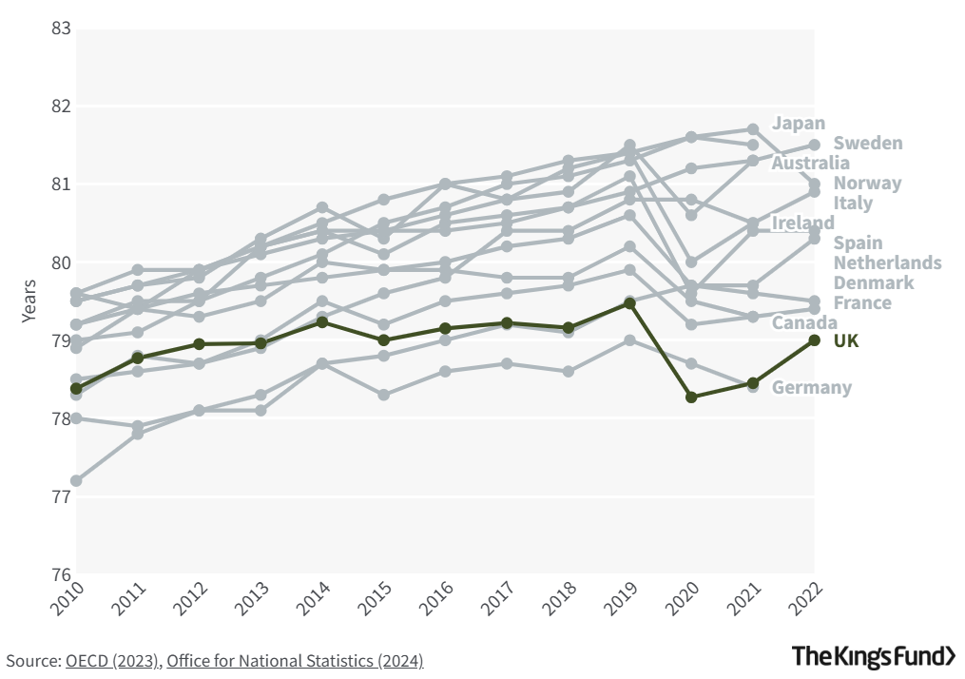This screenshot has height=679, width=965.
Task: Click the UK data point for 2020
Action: [691, 398]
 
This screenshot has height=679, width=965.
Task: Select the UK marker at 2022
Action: [815, 340]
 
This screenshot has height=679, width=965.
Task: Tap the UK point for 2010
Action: [76, 388]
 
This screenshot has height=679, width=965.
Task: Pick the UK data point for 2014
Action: [322, 322]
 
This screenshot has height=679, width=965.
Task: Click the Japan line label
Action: [799, 123]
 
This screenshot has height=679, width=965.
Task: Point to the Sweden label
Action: [868, 143]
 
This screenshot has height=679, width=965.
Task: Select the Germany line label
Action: [811, 387]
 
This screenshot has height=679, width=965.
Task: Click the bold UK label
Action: [846, 340]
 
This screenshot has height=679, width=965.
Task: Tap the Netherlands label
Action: [887, 262]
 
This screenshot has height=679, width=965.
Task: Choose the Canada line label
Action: [804, 322]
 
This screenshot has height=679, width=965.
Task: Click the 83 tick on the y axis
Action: [62, 28]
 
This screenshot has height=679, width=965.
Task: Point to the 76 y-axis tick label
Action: [62, 575]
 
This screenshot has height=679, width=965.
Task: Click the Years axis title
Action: [29, 301]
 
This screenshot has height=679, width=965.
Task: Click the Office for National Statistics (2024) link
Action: [295, 660]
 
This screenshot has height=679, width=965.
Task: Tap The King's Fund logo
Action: [874, 655]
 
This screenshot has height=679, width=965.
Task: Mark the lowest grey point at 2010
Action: [76, 481]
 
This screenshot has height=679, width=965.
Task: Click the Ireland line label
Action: [802, 223]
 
